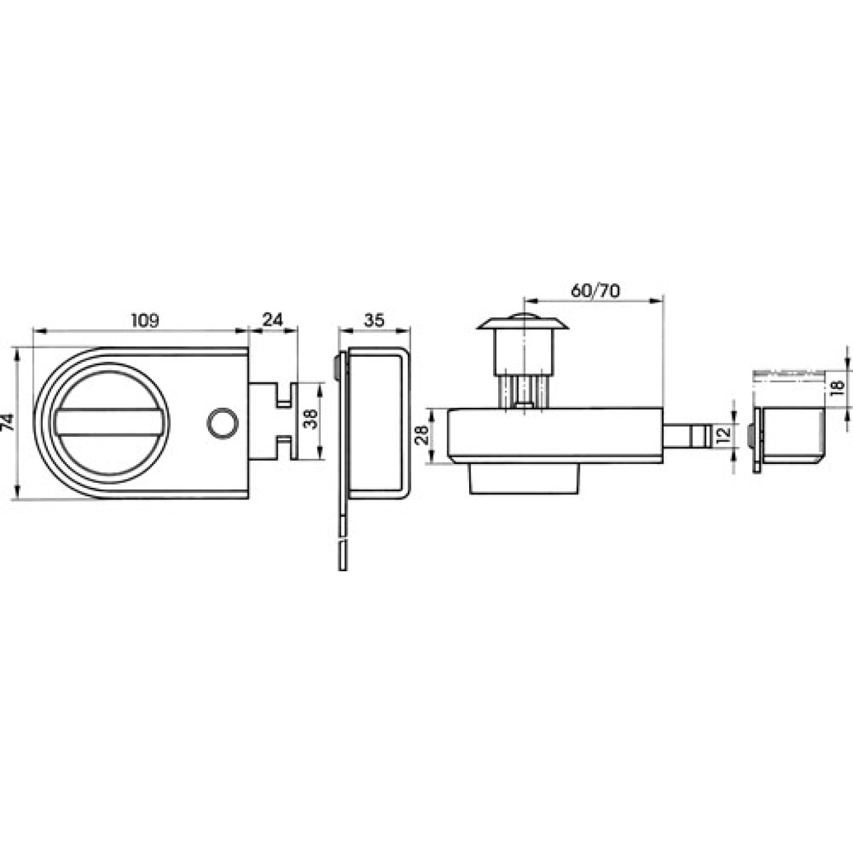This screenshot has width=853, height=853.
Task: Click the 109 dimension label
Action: pyautogui.click(x=145, y=321)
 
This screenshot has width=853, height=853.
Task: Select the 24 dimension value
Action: pyautogui.click(x=272, y=320)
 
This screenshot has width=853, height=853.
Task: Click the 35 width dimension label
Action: pyautogui.click(x=374, y=320)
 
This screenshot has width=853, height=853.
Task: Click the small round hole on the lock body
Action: pyautogui.click(x=222, y=423)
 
